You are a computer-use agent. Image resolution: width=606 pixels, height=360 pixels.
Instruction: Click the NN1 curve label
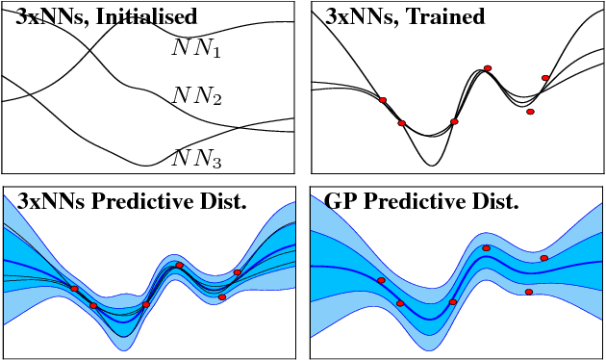pyautogui.click(x=197, y=48)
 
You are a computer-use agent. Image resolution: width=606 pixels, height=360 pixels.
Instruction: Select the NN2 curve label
pyautogui.click(x=197, y=96)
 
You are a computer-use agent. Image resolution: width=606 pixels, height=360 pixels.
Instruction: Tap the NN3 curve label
pyautogui.click(x=197, y=159)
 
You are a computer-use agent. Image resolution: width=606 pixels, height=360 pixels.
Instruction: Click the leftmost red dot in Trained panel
pyautogui.click(x=383, y=100)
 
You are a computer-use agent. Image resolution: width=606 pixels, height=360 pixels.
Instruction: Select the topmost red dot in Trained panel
pyautogui.click(x=488, y=68)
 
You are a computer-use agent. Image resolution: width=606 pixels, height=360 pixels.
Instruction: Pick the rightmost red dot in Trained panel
pyautogui.click(x=545, y=78)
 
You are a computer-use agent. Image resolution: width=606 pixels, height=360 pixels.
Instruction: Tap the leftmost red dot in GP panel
pyautogui.click(x=381, y=280)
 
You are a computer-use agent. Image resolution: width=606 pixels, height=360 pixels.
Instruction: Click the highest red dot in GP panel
pyautogui.click(x=487, y=248)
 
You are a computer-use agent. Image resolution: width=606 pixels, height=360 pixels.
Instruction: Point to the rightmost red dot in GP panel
pyautogui.click(x=544, y=258)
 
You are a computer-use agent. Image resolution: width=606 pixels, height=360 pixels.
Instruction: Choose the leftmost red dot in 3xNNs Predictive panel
pyautogui.click(x=75, y=289)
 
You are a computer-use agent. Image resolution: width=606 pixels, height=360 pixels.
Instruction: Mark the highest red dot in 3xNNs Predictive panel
pyautogui.click(x=179, y=265)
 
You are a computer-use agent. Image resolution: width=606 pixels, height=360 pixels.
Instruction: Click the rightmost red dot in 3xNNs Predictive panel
pyautogui.click(x=238, y=272)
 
